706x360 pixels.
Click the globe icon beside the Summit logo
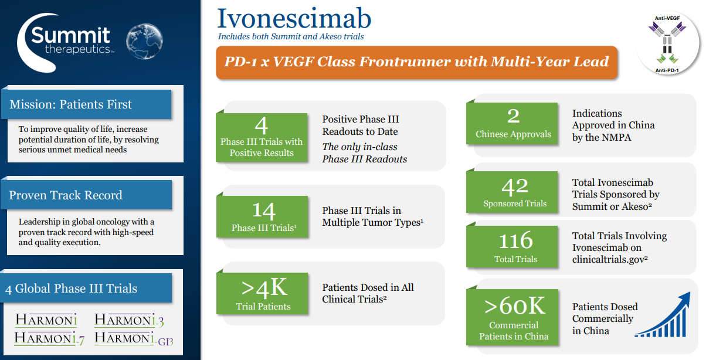pyautogui.click(x=144, y=41)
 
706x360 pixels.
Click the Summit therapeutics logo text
pyautogui.click(x=70, y=40)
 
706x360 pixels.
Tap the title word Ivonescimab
pyautogui.click(x=294, y=18)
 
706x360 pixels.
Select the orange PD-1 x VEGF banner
pyautogui.click(x=416, y=62)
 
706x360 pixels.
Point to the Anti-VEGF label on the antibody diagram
pyautogui.click(x=667, y=18)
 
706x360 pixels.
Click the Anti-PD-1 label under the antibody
pyautogui.click(x=667, y=70)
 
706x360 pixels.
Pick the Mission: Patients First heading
pyautogui.click(x=70, y=104)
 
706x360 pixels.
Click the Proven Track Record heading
pyautogui.click(x=66, y=195)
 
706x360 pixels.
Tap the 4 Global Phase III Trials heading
pyautogui.click(x=71, y=288)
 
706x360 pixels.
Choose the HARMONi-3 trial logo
pyautogui.click(x=129, y=320)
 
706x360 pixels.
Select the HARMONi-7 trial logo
pyautogui.click(x=49, y=338)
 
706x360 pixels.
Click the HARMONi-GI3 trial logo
pyautogui.click(x=134, y=338)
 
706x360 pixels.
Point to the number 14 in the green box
pyautogui.click(x=264, y=210)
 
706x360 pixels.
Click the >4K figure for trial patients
pyautogui.click(x=264, y=287)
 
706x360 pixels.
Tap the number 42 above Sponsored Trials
pyautogui.click(x=515, y=186)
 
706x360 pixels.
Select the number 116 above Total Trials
pyautogui.click(x=515, y=240)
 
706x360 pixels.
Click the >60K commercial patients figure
pyautogui.click(x=514, y=305)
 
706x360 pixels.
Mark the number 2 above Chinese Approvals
pyautogui.click(x=514, y=116)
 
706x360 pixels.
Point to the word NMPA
pyautogui.click(x=616, y=137)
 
